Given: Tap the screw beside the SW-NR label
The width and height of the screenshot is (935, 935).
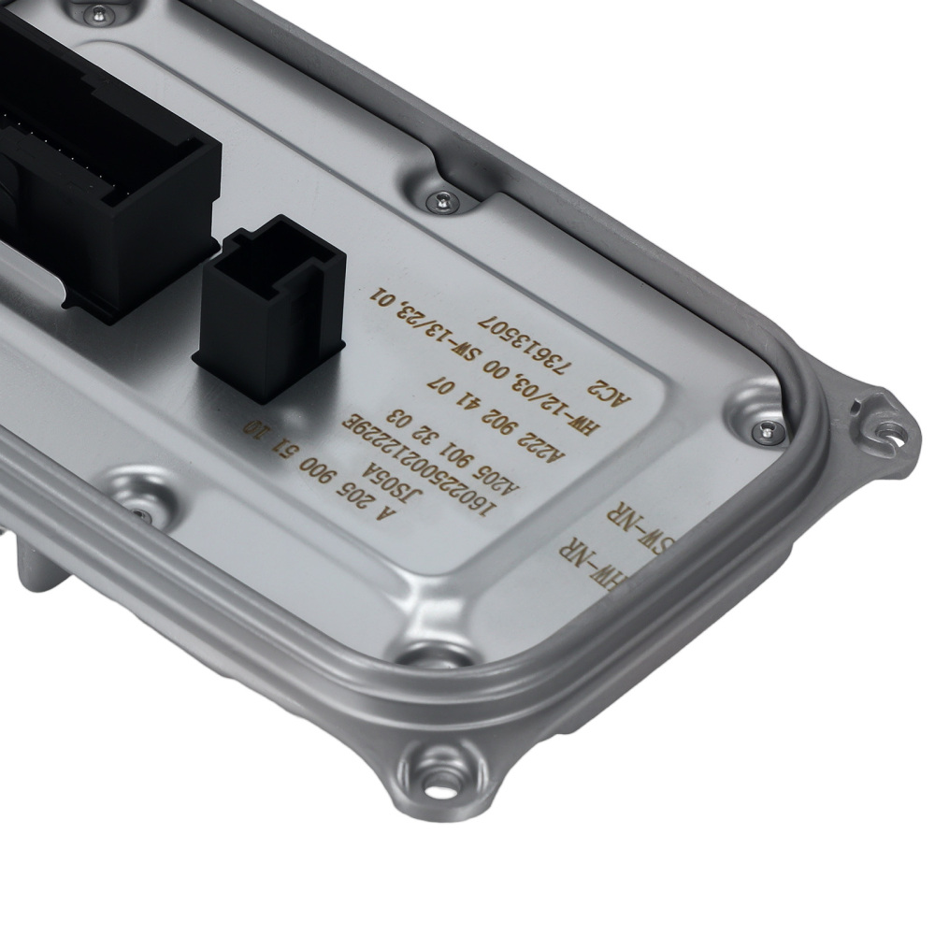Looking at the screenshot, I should tap(768, 429).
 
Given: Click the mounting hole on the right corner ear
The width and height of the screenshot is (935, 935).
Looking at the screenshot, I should tap(889, 433).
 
